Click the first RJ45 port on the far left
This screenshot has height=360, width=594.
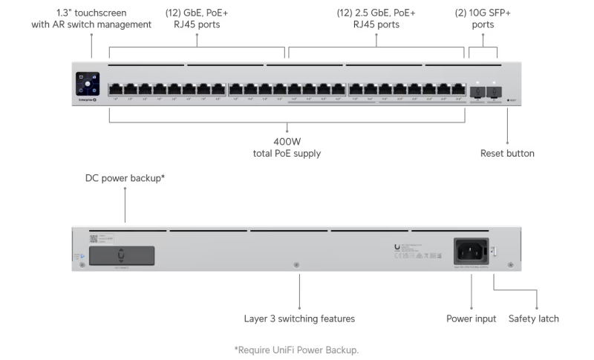116,89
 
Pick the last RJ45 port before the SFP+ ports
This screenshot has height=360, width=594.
458,89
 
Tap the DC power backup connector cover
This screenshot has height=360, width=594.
123,255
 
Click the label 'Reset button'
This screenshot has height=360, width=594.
507,154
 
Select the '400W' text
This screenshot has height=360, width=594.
287,141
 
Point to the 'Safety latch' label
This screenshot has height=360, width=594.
533,318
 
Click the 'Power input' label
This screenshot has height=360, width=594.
471,318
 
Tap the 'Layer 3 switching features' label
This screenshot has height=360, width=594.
299,318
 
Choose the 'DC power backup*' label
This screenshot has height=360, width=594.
125,179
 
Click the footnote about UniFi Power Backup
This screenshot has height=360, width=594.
296,349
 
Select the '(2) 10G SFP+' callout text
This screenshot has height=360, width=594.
483,13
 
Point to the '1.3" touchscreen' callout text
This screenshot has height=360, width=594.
91,13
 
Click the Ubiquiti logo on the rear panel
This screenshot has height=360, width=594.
397,248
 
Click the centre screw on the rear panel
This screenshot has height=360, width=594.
297,264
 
